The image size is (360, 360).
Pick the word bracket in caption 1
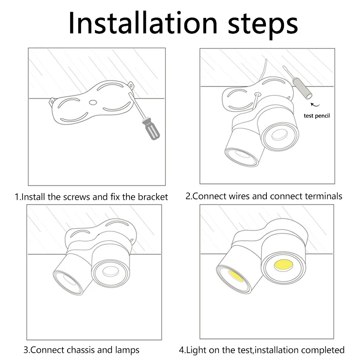153,197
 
